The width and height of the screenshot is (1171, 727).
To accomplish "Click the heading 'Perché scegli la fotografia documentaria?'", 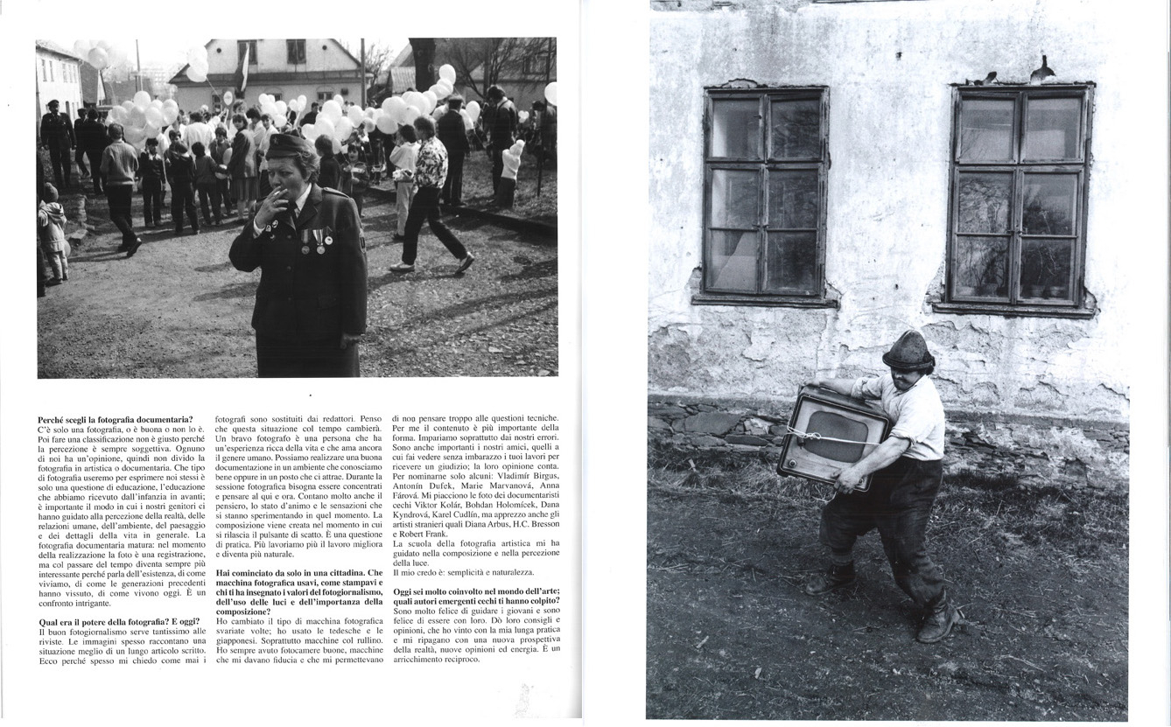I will pos(115,420).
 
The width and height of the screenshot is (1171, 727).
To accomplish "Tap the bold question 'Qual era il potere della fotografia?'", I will pos(105,621).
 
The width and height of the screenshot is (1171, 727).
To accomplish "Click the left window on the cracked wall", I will pos(766,192).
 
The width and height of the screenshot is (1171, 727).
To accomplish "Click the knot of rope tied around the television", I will pos(815,435).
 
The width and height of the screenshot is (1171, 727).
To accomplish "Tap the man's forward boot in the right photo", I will pos(938,623).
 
